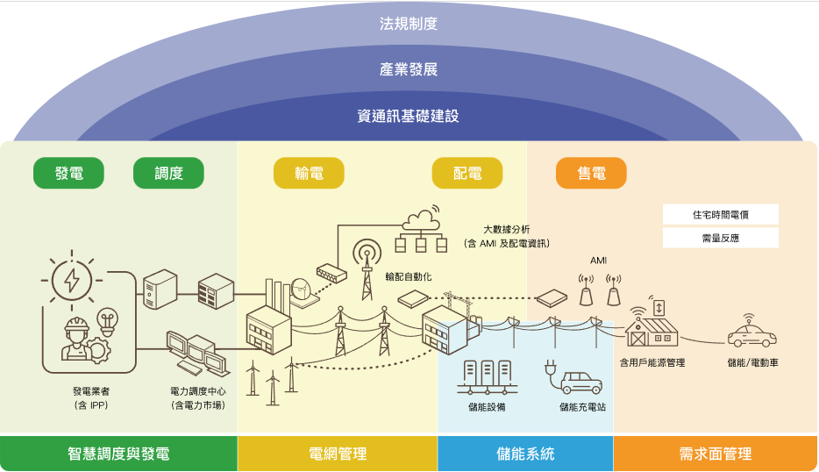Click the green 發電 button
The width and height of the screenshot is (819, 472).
[68, 173]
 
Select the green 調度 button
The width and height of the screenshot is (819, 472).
[168, 173]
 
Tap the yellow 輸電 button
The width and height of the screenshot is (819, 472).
[309, 173]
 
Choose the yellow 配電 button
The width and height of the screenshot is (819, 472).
[467, 173]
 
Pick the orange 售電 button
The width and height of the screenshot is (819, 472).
[591, 173]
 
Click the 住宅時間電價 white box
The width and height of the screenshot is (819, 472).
[720, 214]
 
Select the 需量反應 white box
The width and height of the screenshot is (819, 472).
[720, 238]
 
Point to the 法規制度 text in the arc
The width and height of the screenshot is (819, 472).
[409, 24]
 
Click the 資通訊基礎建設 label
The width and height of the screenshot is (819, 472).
[409, 116]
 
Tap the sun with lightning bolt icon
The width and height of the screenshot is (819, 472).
[72, 280]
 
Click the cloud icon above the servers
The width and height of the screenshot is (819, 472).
[421, 218]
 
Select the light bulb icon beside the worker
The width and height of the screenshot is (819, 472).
[108, 321]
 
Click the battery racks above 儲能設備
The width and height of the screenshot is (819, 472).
[487, 377]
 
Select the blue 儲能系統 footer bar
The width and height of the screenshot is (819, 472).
[525, 454]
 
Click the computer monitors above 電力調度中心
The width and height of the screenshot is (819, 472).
[198, 354]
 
